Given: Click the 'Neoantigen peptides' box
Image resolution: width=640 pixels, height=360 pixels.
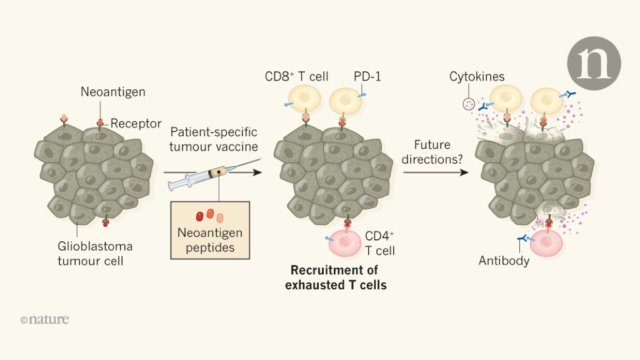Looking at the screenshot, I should point(210,229).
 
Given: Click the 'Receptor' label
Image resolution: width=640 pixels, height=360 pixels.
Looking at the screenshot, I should point(136,123).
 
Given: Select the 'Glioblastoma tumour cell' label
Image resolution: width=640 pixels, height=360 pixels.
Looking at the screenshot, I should point(95,253).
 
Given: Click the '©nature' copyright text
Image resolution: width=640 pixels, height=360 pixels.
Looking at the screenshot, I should point(44,319).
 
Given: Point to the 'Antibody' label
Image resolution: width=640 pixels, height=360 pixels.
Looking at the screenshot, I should point(504,260).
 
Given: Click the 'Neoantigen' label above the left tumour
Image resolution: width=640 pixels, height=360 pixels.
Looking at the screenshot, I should point(113,92).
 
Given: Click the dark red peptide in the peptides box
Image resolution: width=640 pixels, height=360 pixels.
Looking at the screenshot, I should point(200,216).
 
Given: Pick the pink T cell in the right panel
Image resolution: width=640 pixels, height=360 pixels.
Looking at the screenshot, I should point(546,243).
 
